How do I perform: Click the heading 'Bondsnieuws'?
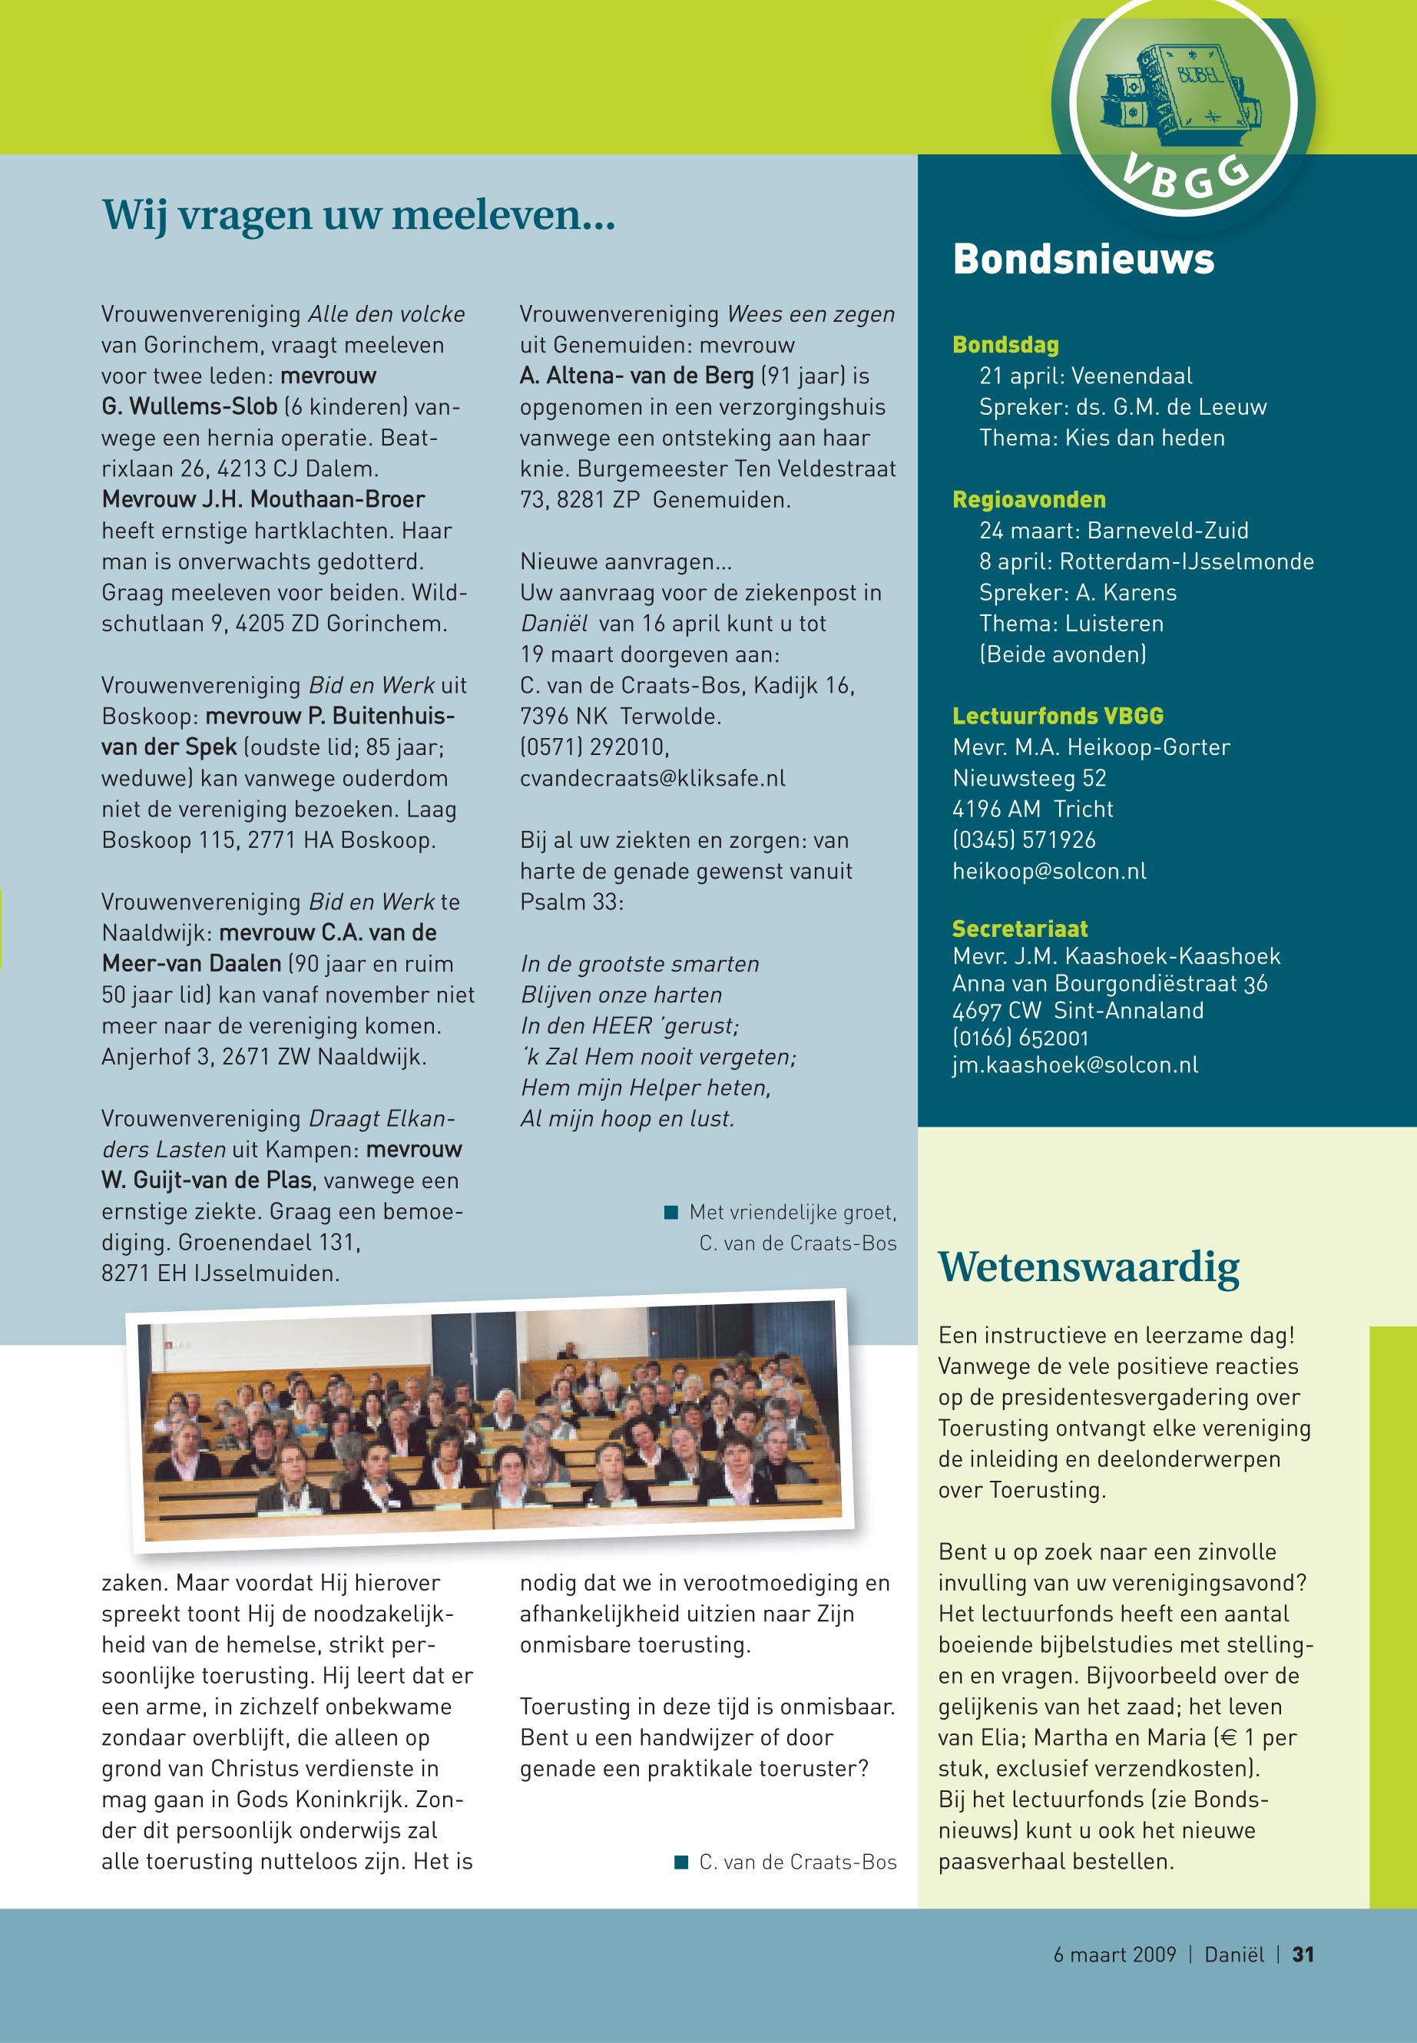coord(1083,260)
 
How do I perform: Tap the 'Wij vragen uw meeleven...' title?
coord(358,216)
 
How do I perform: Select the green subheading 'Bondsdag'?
coord(1005,345)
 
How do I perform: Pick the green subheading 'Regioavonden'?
coord(1029,499)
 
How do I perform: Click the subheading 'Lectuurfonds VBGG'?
coord(1058,716)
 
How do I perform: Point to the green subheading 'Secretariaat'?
coord(1019,929)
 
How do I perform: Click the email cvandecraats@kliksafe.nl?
coord(653,778)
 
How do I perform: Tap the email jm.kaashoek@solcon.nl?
coord(1074,1065)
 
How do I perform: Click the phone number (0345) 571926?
coord(1024,840)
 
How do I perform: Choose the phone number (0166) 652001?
coord(1020,1037)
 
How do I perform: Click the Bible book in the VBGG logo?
coord(1194,93)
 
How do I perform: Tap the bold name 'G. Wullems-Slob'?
coord(189,406)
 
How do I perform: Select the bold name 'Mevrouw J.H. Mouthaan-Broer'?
coord(263,499)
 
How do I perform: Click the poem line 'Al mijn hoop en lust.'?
coord(627,1119)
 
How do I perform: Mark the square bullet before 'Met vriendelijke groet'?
coord(671,1212)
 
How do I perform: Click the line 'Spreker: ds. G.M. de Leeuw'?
coord(1122,406)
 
